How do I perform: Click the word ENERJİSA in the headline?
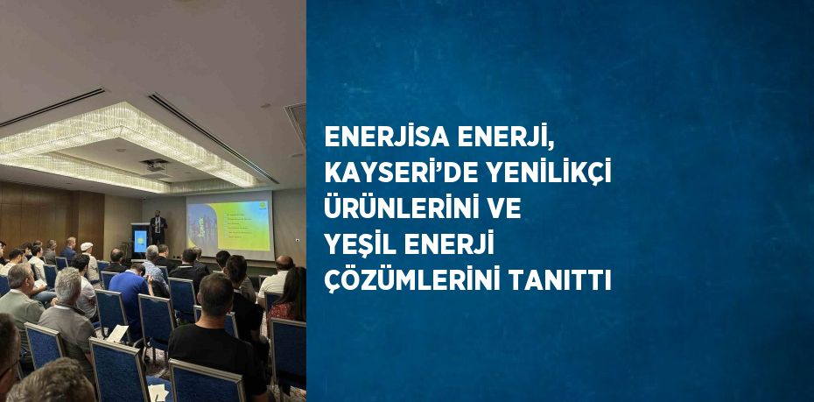click(x=386, y=136)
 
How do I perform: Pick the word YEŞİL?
click(x=360, y=244)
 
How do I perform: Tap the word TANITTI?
click(x=559, y=281)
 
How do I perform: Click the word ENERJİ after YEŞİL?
click(x=449, y=244)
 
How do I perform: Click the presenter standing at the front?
click(x=158, y=228)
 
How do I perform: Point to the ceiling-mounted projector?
click(x=155, y=166)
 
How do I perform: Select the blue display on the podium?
click(x=140, y=241)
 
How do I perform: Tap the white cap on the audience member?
click(x=87, y=246)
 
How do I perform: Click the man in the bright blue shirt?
click(x=128, y=299)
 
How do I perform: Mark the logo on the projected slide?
click(x=263, y=206)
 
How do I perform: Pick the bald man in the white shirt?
click(x=277, y=277)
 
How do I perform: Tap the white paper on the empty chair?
click(x=118, y=333)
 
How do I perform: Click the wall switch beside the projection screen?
click(x=297, y=240)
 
